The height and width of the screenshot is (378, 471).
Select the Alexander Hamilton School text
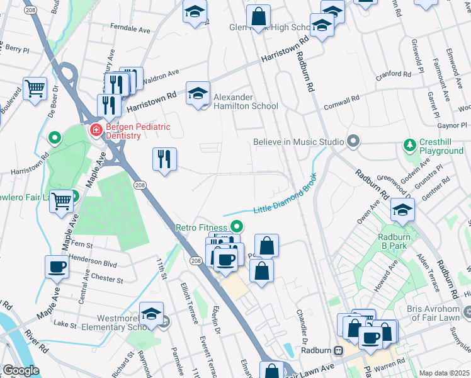[246, 101]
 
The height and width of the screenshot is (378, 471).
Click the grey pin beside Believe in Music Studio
[353, 142]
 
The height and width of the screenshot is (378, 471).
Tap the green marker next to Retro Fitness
[237, 226]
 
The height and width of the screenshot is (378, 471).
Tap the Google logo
[21, 370]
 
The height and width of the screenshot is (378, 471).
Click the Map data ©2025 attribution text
[444, 373]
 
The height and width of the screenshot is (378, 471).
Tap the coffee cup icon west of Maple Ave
[57, 266]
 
